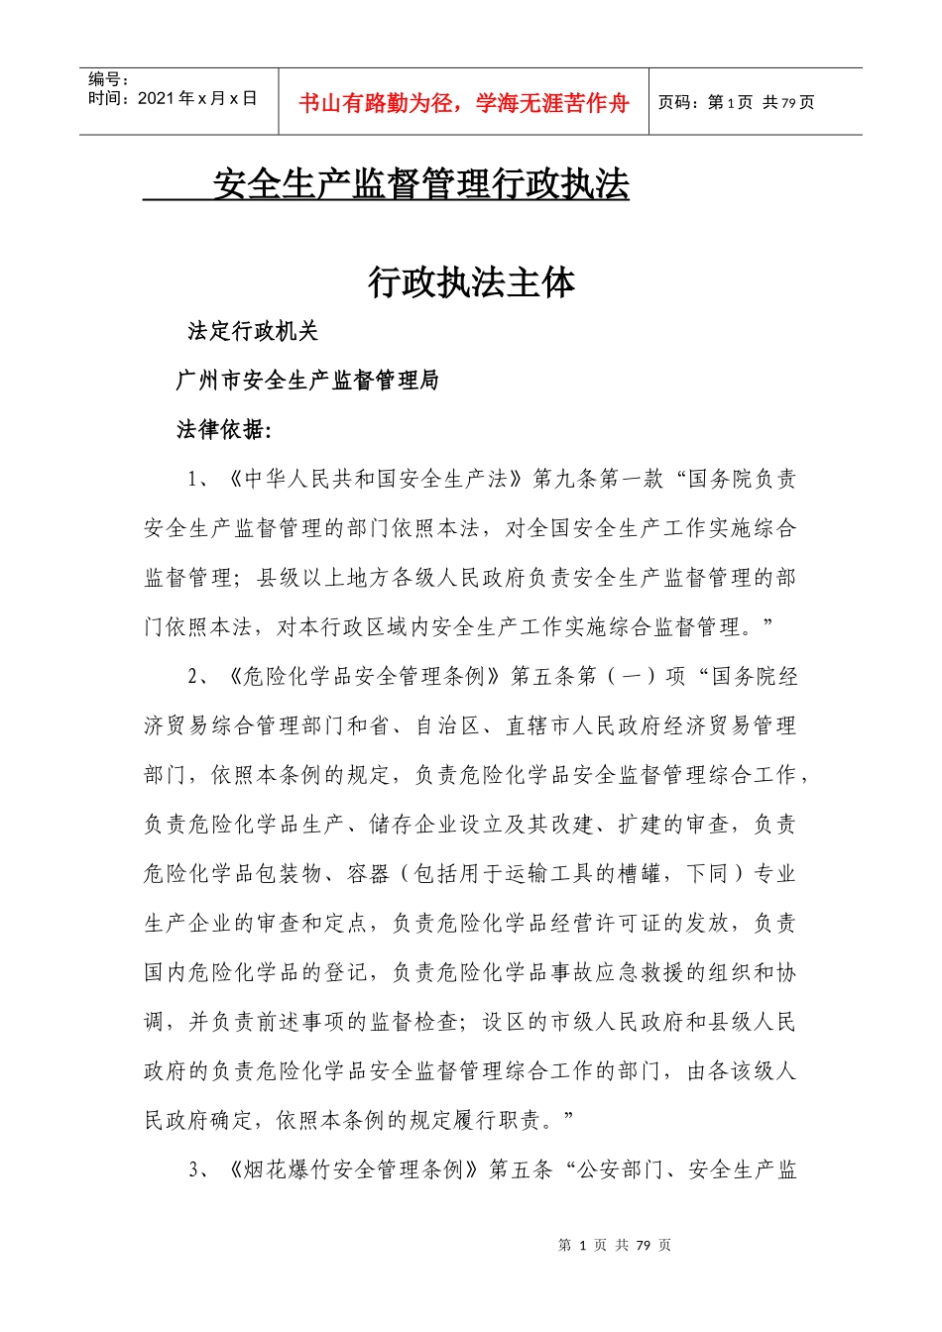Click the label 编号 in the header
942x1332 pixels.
pos(107,79)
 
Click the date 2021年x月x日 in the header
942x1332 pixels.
pos(173,98)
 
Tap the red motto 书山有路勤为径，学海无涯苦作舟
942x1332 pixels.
pos(464,104)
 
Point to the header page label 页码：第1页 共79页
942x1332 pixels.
pos(736,102)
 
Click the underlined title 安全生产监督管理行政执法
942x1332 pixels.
pos(421,184)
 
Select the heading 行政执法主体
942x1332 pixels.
pos(471,283)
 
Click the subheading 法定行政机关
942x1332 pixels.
pos(253,332)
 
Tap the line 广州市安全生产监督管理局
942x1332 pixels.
pos(307,381)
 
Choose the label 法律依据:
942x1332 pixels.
pos(224,429)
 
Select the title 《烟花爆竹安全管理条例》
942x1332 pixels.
pos(355,1170)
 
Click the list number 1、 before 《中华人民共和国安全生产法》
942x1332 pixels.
pos(198,480)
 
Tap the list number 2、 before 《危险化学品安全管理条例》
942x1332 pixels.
pos(198,677)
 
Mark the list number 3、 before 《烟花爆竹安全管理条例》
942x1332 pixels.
pos(198,1170)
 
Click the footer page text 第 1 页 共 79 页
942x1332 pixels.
pos(615,1245)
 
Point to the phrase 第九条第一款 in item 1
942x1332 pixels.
pos(598,480)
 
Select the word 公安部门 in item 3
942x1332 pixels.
pos(622,1170)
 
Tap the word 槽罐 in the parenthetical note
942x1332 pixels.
pos(639,874)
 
